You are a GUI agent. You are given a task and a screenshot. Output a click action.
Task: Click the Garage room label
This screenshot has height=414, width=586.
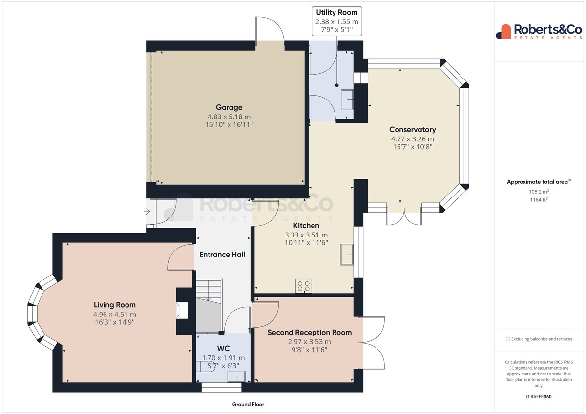coord(229,107)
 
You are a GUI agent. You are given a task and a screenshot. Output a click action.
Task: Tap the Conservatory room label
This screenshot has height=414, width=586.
coord(412,130)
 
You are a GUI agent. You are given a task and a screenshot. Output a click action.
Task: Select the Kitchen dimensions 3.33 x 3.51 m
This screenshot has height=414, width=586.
coord(306,235)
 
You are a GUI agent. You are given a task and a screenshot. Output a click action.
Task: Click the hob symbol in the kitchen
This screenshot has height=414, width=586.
coord(304,286)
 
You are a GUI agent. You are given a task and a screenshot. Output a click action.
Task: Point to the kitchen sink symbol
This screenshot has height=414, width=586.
coord(347,255)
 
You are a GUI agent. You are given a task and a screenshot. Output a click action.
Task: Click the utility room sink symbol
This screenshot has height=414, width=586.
coord(347,99)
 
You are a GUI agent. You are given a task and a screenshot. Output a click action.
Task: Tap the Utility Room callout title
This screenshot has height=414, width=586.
coord(336,12)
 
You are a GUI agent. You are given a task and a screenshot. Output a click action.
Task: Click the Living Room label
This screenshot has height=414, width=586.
coord(115,305)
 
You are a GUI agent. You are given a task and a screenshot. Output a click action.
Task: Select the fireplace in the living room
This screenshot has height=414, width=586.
coord(182,311)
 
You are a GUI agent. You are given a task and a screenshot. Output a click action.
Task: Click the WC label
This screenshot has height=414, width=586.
coord(223,349)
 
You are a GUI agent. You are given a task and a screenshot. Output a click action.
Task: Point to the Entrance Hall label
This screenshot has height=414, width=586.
coord(222,255)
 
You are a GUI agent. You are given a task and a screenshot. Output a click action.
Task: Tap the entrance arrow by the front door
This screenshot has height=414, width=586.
coord(147,211)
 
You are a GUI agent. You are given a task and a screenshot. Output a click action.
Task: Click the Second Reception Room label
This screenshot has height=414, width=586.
coord(310,333)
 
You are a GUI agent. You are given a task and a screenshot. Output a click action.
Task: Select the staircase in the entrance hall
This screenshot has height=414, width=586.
coord(209,306)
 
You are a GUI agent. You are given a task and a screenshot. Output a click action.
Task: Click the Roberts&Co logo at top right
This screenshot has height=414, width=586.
coord(539,32)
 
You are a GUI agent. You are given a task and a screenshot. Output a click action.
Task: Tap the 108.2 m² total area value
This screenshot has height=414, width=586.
coord(539,192)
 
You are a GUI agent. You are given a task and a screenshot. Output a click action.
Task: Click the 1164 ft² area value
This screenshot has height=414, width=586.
coord(539,200)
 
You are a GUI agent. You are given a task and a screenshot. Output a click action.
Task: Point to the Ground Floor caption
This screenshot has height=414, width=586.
coord(248,404)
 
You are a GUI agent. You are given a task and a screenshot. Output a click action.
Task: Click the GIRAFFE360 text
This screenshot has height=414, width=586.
coord(539,397)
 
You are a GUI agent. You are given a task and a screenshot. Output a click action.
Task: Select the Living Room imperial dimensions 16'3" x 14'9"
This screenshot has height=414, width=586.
coord(115,322)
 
